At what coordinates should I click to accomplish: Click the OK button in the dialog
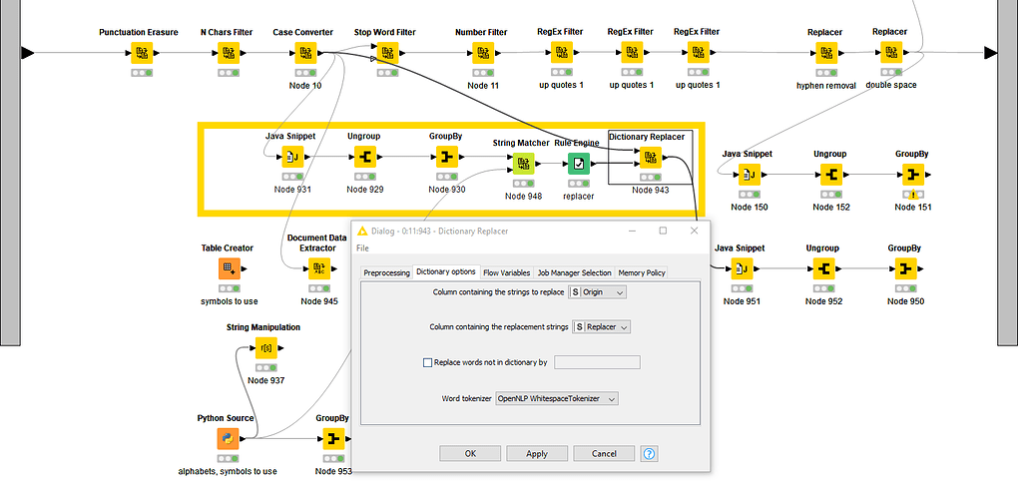[470, 453]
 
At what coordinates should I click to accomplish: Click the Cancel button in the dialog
[603, 453]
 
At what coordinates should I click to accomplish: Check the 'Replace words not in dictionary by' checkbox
[428, 362]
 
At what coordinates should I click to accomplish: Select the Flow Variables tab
[506, 272]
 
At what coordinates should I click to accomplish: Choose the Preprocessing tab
[386, 272]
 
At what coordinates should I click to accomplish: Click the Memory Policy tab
[642, 272]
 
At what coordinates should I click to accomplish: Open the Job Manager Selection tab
[574, 272]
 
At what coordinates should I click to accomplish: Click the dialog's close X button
[694, 231]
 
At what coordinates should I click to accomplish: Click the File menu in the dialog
[363, 247]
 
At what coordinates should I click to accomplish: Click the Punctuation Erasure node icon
[140, 53]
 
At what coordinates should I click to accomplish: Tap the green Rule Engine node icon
[578, 163]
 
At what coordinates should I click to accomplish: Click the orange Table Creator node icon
[228, 269]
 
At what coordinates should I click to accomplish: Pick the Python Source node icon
[228, 438]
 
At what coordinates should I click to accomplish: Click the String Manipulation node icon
[264, 347]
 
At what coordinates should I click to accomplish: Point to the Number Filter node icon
[483, 53]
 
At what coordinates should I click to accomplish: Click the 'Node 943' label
[650, 190]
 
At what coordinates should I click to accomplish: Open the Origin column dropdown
[598, 292]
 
